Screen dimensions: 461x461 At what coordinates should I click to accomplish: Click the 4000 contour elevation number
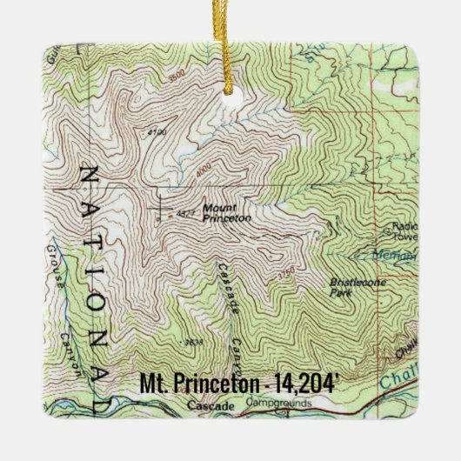[x=204, y=177]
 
